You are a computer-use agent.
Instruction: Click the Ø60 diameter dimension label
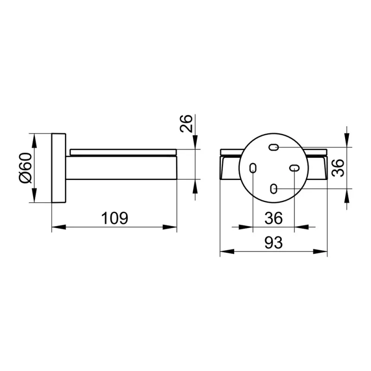pos(26,168)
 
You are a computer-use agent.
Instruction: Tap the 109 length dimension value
pos(115,218)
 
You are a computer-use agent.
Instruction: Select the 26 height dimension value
pos(186,123)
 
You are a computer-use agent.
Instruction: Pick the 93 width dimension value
pos(274,243)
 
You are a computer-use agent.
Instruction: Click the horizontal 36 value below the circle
pos(274,218)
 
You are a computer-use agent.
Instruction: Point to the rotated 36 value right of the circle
pos(338,168)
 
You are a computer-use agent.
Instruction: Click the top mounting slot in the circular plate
pos(274,147)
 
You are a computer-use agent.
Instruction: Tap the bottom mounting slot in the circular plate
pos(274,189)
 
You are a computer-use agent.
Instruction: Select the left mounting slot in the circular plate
pos(253,168)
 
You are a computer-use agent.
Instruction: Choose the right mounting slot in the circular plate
pos(294,168)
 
